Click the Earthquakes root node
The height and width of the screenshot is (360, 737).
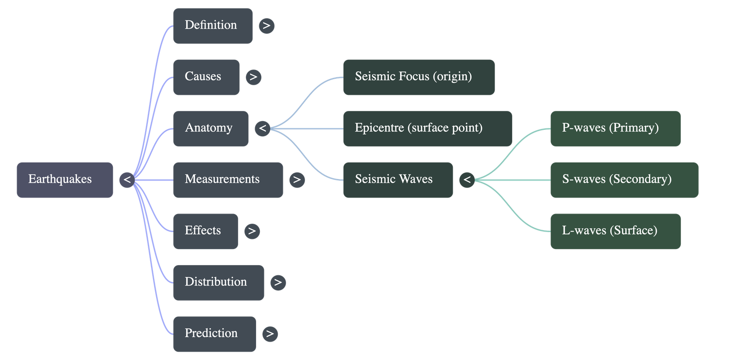(64, 180)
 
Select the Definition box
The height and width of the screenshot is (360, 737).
(212, 26)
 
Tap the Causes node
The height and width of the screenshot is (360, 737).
(206, 77)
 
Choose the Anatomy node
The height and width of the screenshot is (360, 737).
(211, 128)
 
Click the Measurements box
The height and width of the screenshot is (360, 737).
(228, 180)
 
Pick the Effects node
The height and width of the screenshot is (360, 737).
(205, 231)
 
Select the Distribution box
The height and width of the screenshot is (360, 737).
(218, 282)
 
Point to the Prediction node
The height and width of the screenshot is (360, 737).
(214, 334)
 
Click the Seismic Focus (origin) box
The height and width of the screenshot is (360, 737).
(419, 77)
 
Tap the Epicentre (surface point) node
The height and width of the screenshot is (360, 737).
(427, 128)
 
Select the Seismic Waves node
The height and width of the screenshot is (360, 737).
(398, 180)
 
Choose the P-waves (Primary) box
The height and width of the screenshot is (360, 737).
(615, 128)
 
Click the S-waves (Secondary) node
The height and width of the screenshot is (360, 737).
(624, 180)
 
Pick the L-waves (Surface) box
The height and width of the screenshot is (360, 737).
(615, 231)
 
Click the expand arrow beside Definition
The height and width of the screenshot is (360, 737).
(266, 26)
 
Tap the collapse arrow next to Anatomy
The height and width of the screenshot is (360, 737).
(263, 128)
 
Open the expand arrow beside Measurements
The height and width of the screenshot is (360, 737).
(297, 180)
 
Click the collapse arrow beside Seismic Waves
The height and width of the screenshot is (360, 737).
(467, 180)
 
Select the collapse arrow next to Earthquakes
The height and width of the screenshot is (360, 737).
(127, 180)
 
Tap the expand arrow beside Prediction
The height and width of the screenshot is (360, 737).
(270, 334)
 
